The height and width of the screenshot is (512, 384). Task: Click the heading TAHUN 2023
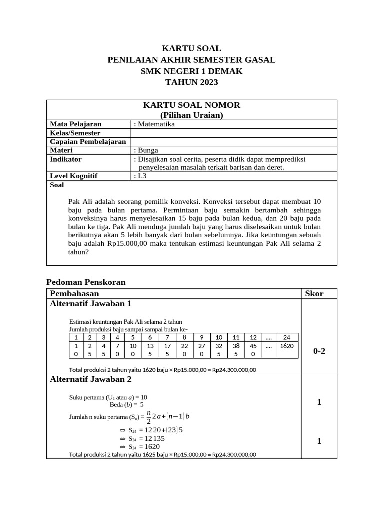click(191, 82)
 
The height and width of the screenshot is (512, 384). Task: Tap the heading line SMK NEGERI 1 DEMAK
click(191, 71)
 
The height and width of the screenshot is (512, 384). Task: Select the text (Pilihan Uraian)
click(191, 115)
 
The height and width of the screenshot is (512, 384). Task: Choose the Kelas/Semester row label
click(75, 133)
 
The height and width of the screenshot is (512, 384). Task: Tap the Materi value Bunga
click(148, 150)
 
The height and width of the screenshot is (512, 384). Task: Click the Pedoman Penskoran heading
click(86, 282)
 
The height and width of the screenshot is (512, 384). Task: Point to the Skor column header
click(314, 293)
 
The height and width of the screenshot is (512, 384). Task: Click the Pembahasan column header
click(75, 293)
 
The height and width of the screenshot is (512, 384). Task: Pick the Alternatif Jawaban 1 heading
click(91, 303)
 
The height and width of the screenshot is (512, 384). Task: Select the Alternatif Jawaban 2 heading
click(91, 379)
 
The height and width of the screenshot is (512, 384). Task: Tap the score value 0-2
click(319, 351)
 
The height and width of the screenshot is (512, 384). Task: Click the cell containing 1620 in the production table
click(286, 346)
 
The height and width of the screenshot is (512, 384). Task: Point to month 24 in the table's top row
click(286, 337)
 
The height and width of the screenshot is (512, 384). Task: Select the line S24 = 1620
click(144, 446)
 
